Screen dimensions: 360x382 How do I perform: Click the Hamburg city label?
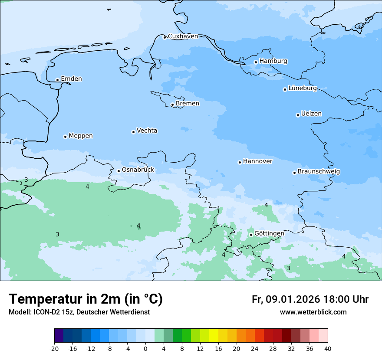pyautogui.click(x=273, y=61)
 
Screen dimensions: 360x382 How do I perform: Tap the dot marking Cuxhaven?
pyautogui.click(x=165, y=37)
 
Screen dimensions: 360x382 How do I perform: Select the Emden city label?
pyautogui.click(x=71, y=79)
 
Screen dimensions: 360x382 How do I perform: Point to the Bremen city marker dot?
pyautogui.click(x=172, y=105)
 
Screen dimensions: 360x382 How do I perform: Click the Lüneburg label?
pyautogui.click(x=302, y=88)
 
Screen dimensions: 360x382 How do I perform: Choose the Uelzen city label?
pyautogui.click(x=311, y=114)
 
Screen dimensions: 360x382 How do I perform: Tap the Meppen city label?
pyautogui.click(x=81, y=136)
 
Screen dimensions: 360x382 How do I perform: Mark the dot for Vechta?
pyautogui.click(x=133, y=132)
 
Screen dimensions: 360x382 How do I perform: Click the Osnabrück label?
pyautogui.click(x=138, y=170)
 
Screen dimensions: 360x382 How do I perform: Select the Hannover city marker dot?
pyautogui.click(x=240, y=162)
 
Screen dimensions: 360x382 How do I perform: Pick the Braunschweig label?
pyautogui.click(x=319, y=172)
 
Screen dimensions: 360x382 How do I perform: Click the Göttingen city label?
pyautogui.click(x=269, y=233)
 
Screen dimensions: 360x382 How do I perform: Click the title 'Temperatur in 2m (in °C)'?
pyautogui.click(x=86, y=299)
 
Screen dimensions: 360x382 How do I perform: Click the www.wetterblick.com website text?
pyautogui.click(x=313, y=312)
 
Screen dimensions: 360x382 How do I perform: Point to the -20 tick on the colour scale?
pyautogui.click(x=54, y=348)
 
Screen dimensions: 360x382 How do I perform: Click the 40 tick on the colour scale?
pyautogui.click(x=328, y=348)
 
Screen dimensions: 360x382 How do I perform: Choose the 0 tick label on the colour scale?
pyautogui.click(x=145, y=348)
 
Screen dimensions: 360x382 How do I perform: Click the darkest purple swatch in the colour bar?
pyautogui.click(x=59, y=336)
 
